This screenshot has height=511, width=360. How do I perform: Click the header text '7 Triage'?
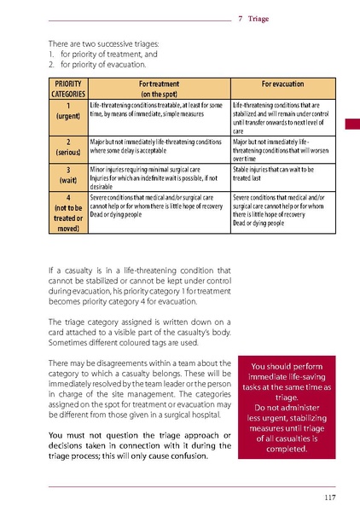254,17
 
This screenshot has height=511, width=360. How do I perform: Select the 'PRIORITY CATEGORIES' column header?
67,90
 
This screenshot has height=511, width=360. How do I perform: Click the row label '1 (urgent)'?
67,110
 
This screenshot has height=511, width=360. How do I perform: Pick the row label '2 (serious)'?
67,146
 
